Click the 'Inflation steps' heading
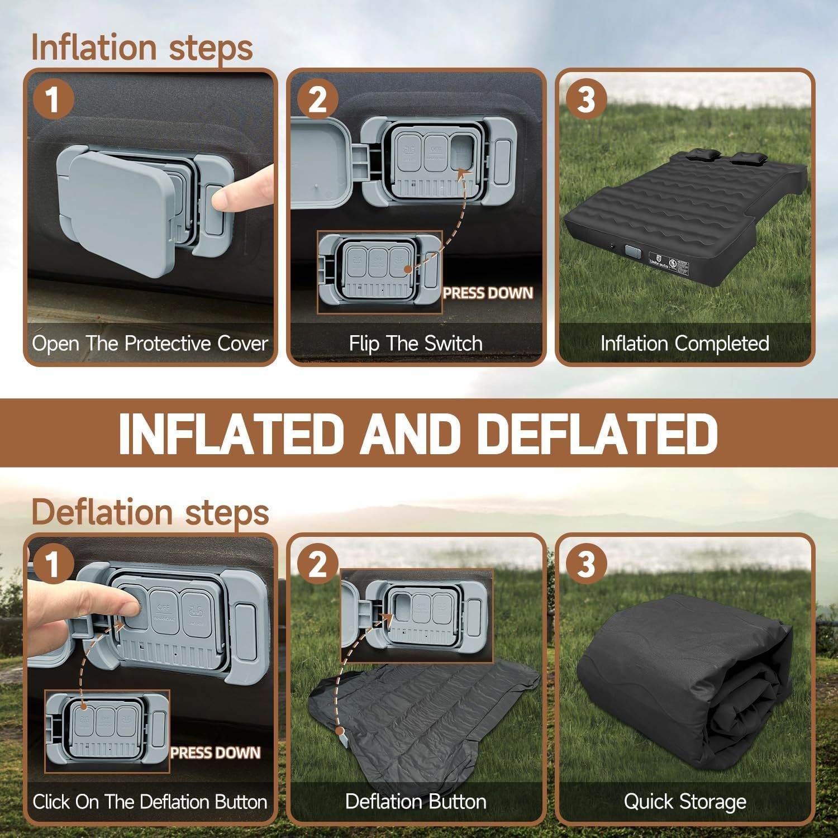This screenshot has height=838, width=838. [142, 47]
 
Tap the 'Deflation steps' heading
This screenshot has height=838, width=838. [150, 512]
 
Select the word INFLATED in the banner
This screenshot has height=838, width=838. [230, 434]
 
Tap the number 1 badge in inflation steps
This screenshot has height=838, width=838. [53, 101]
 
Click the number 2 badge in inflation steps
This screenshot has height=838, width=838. [317, 101]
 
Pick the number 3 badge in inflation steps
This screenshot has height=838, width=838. [585, 101]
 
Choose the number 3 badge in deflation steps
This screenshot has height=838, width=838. [585, 564]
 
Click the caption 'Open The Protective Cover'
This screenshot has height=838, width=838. [150, 343]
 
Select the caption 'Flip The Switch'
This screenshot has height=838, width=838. [416, 343]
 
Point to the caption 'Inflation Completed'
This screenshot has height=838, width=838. [685, 343]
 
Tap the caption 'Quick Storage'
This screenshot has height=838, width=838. [685, 802]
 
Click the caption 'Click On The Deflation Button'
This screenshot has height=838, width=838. [150, 802]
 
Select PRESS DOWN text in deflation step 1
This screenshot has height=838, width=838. [216, 753]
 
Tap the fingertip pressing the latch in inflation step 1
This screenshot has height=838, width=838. [223, 197]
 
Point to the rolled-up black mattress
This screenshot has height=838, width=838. [687, 687]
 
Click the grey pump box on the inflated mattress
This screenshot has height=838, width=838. [633, 251]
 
